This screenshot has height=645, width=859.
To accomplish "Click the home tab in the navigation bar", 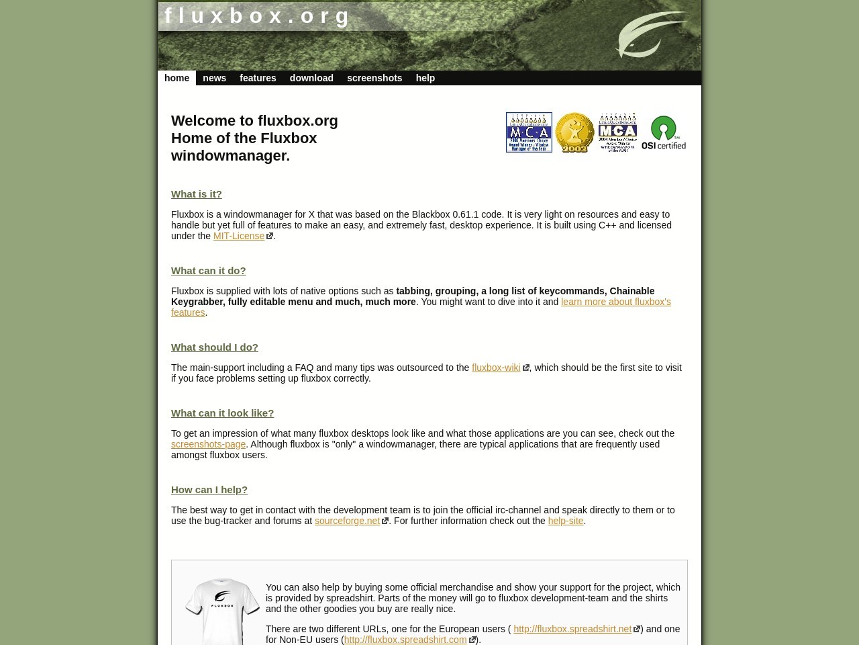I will point(176,78).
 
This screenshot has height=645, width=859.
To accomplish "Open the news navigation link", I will point(214,78).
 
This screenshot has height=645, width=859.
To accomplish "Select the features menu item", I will point(258,78).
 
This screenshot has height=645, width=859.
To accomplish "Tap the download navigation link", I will point(311,78).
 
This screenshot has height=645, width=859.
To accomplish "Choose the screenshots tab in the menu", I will point(374,78).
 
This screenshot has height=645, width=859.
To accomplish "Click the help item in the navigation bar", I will point(425,78).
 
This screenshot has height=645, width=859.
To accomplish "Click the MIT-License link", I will point(239,236).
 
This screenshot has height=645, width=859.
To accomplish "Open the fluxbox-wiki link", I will point(496,368).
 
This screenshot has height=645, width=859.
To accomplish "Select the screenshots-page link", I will point(208,444).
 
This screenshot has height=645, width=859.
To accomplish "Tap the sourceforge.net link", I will point(347,521).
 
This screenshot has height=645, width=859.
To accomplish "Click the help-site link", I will point(565,521).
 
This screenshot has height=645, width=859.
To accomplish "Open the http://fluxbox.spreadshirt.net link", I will point(572,629).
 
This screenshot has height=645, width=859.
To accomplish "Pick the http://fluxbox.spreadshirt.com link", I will point(405,640).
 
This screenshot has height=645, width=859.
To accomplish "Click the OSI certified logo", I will point(664,132).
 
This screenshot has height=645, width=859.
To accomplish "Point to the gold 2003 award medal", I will point(574,132).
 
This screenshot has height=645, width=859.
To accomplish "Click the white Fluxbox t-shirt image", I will point(222,610).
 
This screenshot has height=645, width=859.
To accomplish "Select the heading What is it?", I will point(196,194).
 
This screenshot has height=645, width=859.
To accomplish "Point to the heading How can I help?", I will point(209,490).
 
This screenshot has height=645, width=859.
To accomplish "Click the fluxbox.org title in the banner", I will point(258,15).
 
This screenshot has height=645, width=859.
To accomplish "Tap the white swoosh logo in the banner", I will point(650,34).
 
